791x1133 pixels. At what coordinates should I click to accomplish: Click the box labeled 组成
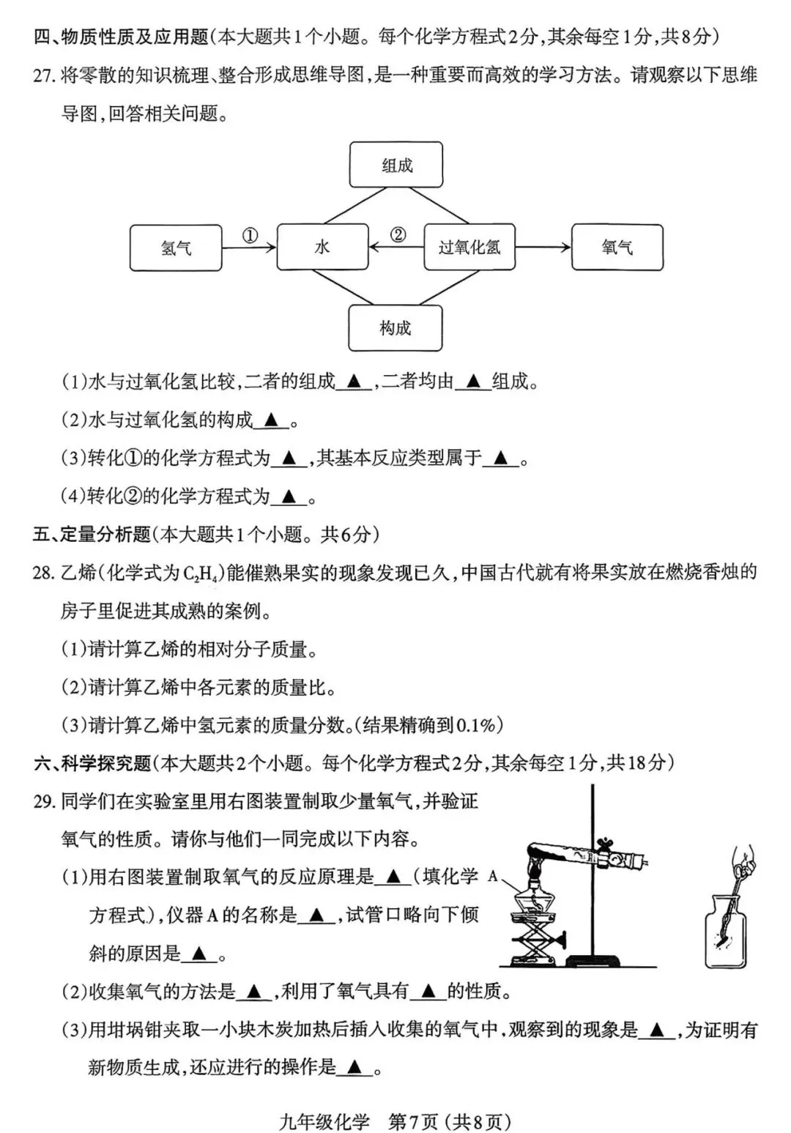point(396,166)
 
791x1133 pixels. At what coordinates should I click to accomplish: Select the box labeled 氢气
point(176,248)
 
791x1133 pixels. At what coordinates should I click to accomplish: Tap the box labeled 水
point(322,248)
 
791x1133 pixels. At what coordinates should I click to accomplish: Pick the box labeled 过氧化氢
point(469,248)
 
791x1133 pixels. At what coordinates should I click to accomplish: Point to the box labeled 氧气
point(617,248)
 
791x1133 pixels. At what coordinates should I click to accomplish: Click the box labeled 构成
point(395,328)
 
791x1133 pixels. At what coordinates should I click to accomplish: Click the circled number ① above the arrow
point(250,236)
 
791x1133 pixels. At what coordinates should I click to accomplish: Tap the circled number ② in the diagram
point(397,235)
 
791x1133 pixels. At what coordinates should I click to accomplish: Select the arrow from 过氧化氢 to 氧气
point(543,248)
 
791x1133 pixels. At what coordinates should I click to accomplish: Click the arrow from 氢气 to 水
point(249,248)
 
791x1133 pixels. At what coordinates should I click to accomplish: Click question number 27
point(44,75)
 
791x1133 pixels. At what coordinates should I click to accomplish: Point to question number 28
point(44,573)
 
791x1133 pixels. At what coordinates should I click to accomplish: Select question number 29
point(44,801)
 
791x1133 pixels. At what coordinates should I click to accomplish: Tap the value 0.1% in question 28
point(476,725)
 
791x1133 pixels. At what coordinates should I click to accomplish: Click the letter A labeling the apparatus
point(492,876)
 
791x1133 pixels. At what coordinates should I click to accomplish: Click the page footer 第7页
point(413,1121)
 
